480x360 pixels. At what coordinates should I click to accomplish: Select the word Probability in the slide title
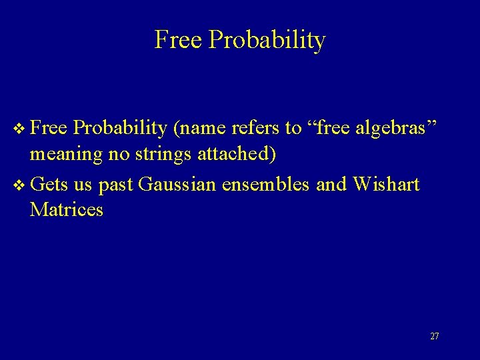[267, 41]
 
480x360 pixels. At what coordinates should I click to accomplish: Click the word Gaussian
[177, 183]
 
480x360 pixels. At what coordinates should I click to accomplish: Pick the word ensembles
[266, 183]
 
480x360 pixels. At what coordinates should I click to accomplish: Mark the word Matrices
[67, 210]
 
